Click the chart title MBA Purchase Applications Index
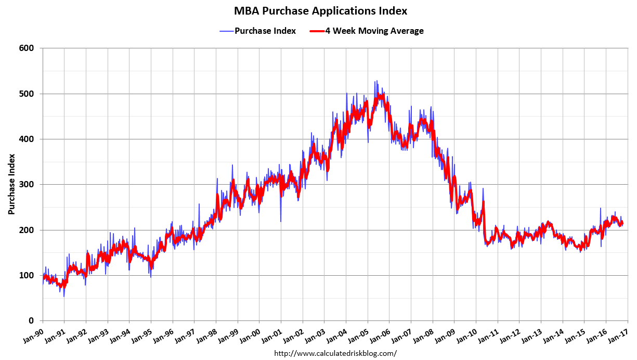(320, 10)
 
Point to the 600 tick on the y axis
(27, 48)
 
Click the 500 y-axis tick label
(27, 94)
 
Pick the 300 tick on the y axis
(27, 185)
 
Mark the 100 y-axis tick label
(27, 275)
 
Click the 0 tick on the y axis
(32, 321)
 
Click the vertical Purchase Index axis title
(11, 185)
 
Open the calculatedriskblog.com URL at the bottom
(335, 354)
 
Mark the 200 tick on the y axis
(27, 230)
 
